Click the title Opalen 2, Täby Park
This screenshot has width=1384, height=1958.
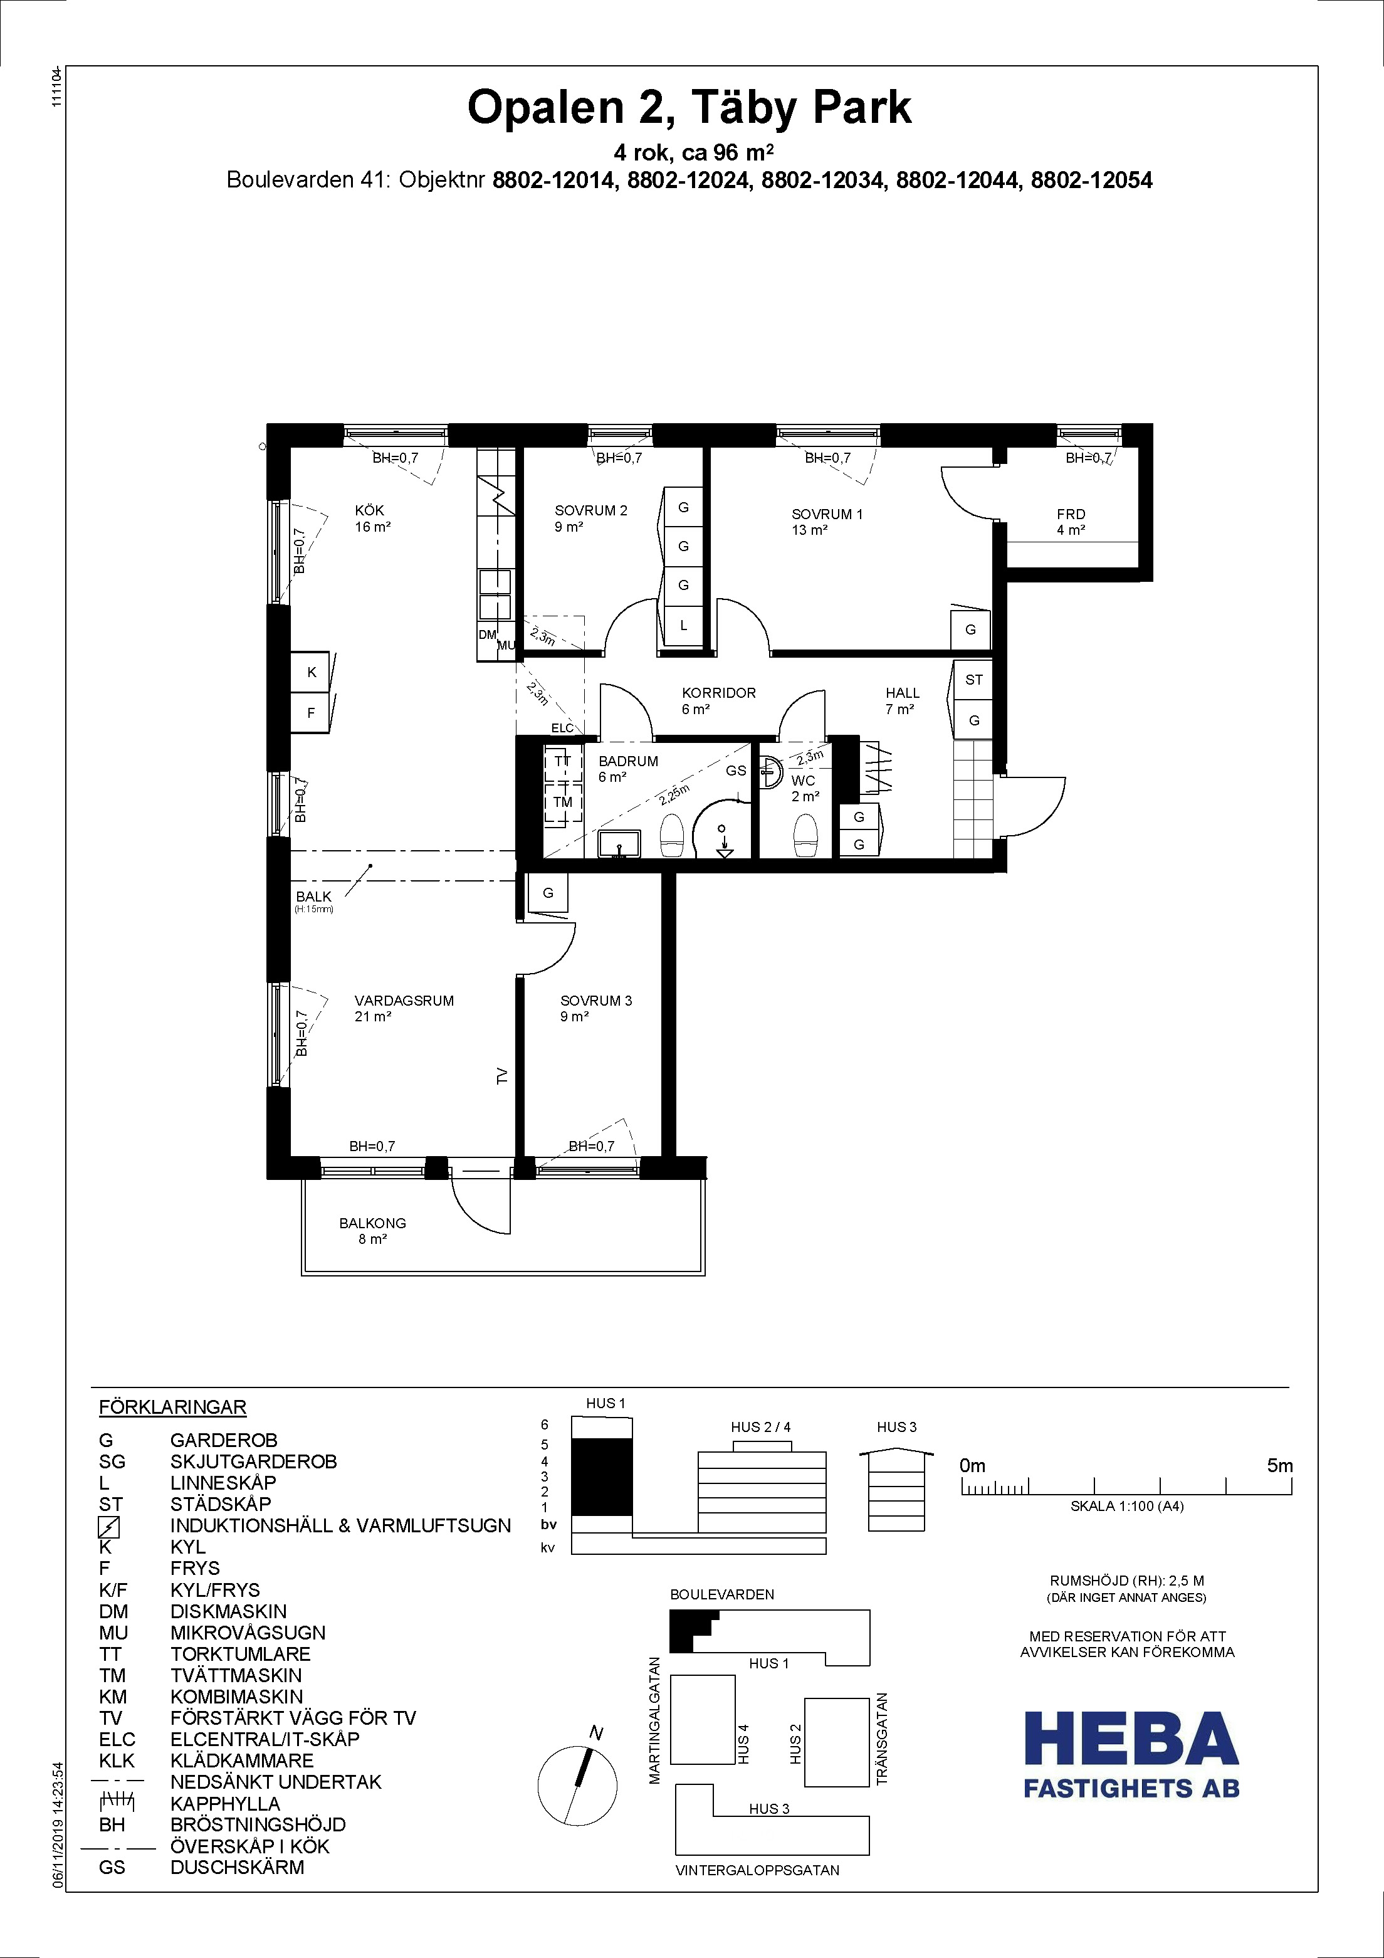[x=689, y=109]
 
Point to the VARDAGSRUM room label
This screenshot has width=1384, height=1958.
[x=404, y=1001]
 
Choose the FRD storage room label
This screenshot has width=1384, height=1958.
[x=1071, y=514]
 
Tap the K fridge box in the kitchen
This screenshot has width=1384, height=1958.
[x=312, y=672]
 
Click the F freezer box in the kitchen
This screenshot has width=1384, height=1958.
[x=312, y=712]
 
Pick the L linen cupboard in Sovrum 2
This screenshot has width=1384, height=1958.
[x=684, y=625]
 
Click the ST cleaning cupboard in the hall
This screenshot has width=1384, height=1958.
[x=974, y=680]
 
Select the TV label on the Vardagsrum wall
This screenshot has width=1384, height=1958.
[x=502, y=1076]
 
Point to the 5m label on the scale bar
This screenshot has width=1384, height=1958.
[x=1280, y=1466]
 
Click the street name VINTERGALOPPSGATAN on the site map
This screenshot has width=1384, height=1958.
[x=757, y=1870]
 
